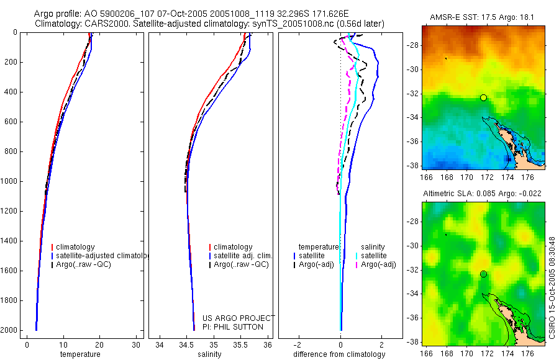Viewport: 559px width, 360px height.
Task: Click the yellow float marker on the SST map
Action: click(483, 97)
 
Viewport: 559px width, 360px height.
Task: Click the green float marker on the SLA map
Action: click(483, 274)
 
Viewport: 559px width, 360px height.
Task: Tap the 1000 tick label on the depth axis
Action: click(9, 181)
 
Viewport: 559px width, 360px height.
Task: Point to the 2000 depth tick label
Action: click(9, 330)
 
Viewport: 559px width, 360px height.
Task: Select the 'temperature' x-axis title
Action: click(80, 354)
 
